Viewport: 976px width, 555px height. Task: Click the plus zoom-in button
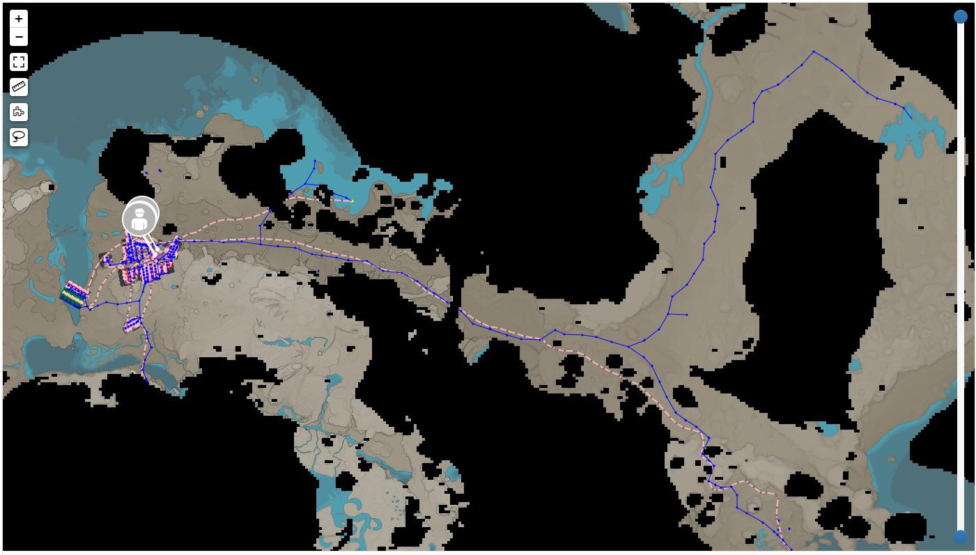point(19,19)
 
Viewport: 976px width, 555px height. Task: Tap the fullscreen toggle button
point(19,62)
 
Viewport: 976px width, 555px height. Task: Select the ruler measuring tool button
point(19,87)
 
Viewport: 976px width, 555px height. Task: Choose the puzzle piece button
point(19,111)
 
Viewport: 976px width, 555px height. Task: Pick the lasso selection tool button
point(19,136)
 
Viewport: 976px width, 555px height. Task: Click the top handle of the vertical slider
point(961,17)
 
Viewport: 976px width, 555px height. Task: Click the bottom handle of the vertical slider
point(961,537)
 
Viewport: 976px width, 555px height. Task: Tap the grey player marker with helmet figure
point(140,219)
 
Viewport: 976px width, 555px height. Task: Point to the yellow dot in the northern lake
point(353,201)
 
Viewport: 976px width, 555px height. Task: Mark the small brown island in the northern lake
point(202,112)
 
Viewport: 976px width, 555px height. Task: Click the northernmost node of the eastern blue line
point(814,52)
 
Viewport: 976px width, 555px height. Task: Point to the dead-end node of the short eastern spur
point(687,315)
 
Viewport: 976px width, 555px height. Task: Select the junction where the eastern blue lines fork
point(628,346)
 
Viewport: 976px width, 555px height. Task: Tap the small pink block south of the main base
point(132,324)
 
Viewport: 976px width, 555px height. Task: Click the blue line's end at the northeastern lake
point(911,118)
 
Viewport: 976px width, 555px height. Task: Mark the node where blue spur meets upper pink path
point(270,210)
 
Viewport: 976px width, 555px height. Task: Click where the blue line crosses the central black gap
point(454,306)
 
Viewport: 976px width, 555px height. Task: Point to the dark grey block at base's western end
point(104,259)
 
